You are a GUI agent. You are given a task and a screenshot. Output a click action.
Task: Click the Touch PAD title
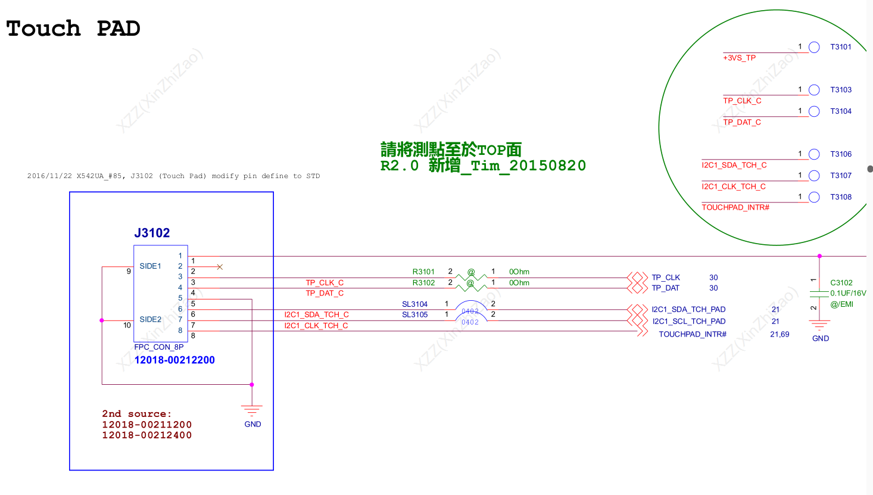[x=73, y=29]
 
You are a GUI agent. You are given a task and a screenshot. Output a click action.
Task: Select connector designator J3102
[x=152, y=233]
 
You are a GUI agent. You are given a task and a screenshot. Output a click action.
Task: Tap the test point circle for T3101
[x=814, y=47]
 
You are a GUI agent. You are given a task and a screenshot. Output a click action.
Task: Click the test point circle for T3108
[x=814, y=197]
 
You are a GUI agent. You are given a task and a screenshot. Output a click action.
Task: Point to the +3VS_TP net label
[x=740, y=58]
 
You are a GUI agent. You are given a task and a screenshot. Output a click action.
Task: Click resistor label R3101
[x=423, y=272]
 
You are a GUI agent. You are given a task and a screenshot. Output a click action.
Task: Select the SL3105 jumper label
[x=414, y=315]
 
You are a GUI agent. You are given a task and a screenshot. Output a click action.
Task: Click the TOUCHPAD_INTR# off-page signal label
[x=693, y=334]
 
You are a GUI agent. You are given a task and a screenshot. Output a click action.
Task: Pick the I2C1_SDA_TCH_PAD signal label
[x=688, y=310]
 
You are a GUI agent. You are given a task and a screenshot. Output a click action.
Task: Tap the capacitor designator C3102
[x=841, y=282]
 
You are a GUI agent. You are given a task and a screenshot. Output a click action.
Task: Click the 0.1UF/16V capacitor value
[x=848, y=293]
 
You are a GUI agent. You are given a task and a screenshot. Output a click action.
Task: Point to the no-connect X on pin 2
[x=220, y=267]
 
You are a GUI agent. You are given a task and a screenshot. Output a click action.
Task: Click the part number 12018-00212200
[x=174, y=360]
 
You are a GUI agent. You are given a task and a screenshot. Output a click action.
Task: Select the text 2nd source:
[x=137, y=413]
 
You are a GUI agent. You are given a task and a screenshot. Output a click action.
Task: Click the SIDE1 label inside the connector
[x=150, y=266]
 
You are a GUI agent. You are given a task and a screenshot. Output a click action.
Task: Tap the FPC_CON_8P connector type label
[x=158, y=347]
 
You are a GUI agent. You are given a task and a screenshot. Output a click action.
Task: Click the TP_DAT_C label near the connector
[x=325, y=293]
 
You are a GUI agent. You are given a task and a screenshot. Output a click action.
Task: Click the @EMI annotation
[x=841, y=304]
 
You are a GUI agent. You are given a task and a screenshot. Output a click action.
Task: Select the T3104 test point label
[x=841, y=111]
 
